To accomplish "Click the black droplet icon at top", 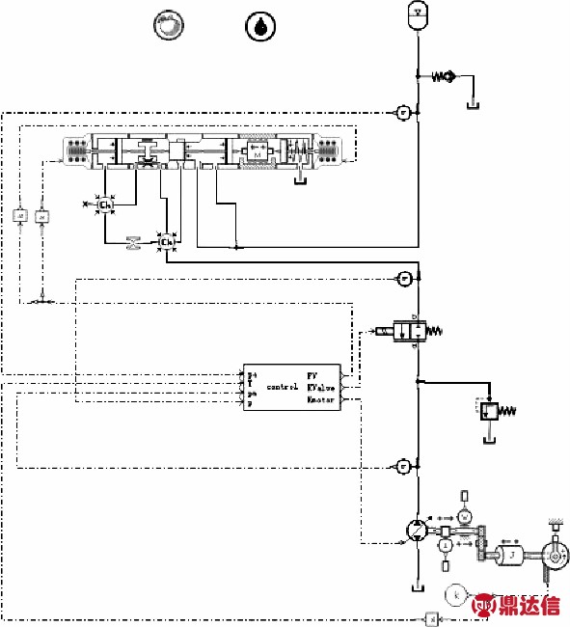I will [x=259, y=26].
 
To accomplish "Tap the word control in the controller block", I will [x=282, y=386].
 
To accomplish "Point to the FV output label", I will [x=312, y=374].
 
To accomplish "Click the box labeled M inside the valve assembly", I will [x=257, y=150].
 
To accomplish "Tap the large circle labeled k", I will [x=456, y=595].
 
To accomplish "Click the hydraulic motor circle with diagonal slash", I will [x=417, y=530].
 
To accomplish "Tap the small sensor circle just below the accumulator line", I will [x=404, y=112].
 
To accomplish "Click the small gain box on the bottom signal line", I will [x=433, y=617].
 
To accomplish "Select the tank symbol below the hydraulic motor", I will [x=417, y=586].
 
